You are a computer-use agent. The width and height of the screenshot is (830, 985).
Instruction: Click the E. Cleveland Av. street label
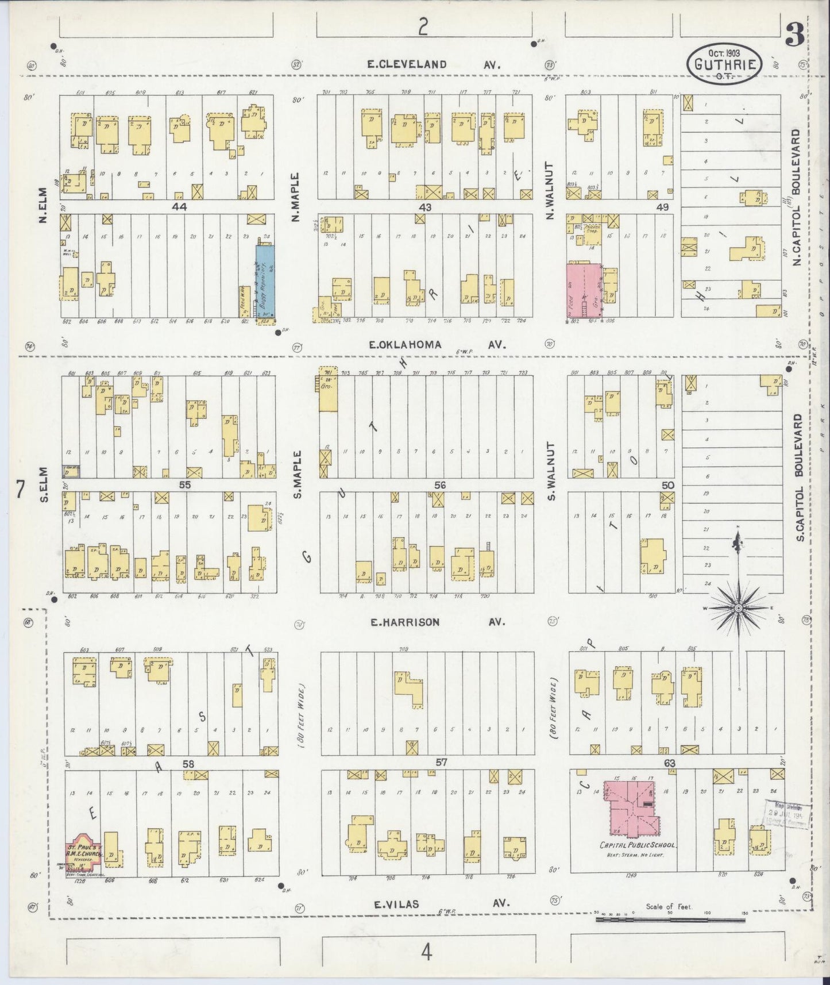point(434,65)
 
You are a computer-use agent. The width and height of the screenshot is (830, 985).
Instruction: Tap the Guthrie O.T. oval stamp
point(725,65)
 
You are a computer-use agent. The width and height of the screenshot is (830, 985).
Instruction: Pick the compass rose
point(739,607)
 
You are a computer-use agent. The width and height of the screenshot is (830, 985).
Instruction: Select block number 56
point(439,485)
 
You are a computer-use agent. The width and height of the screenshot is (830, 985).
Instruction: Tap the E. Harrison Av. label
point(437,622)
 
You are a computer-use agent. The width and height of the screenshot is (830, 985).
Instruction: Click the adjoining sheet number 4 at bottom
point(426,953)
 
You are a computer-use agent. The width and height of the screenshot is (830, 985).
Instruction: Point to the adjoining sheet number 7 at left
point(20,490)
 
